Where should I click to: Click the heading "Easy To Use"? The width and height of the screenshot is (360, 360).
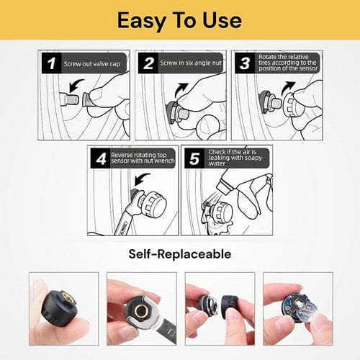pyautogui.click(x=180, y=19)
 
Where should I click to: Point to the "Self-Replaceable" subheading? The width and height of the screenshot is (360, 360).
pyautogui.click(x=179, y=253)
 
